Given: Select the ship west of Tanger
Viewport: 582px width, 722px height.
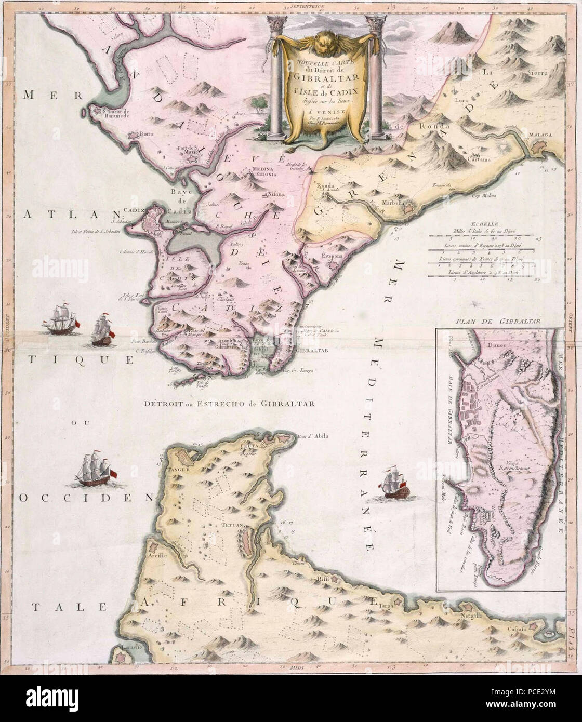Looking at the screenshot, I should (95, 468).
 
